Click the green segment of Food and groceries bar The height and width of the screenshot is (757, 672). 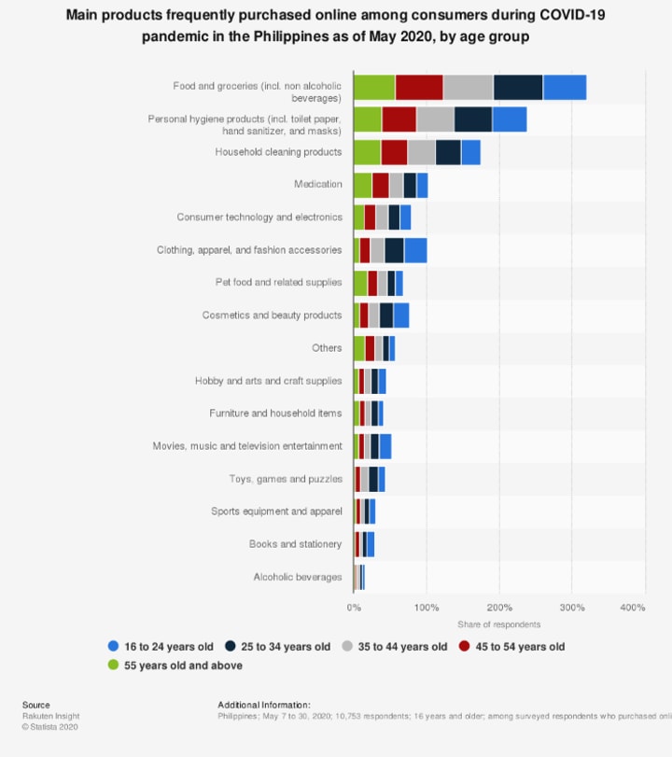coord(374,87)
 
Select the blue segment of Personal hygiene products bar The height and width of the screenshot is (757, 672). coord(510,119)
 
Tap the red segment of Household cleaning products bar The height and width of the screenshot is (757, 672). coord(394,152)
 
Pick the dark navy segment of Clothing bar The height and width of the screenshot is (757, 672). coord(394,250)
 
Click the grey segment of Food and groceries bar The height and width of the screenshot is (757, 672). coord(468,87)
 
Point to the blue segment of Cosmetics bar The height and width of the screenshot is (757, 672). coord(401,315)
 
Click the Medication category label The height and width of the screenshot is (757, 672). coord(318,185)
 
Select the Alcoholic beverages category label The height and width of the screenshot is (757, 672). coord(298,577)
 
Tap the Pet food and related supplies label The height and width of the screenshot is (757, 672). coord(279,283)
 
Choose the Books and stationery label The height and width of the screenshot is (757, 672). coord(295,544)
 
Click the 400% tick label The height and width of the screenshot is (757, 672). coord(633,608)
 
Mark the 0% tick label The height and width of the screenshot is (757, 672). coord(354,608)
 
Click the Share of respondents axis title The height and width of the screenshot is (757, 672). coord(498,624)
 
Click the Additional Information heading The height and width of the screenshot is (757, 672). coord(264,705)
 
